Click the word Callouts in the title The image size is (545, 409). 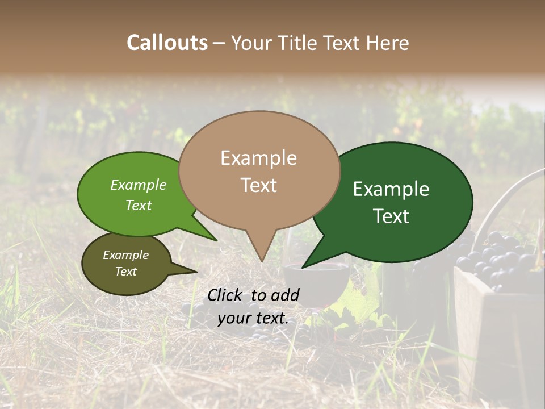tap(167, 43)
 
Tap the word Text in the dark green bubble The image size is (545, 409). tap(392, 216)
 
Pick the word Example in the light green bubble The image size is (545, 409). tap(139, 185)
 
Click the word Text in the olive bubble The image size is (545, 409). tap(125, 272)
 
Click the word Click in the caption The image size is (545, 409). tap(225, 295)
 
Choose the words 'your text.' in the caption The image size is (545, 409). tap(253, 318)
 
